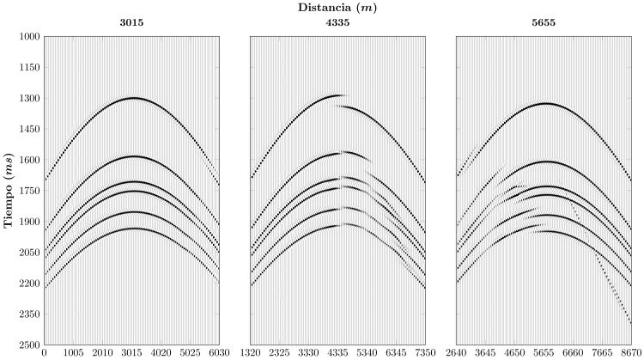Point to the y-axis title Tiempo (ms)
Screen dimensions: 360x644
(x=9, y=190)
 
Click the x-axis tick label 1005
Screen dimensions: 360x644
(x=73, y=353)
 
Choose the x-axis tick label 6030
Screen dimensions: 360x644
(x=220, y=353)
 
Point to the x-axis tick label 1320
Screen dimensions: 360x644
(x=250, y=353)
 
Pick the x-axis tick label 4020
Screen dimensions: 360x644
(x=161, y=353)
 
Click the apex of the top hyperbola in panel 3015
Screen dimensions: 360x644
(x=132, y=98)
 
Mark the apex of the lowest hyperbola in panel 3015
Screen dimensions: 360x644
(x=132, y=229)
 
